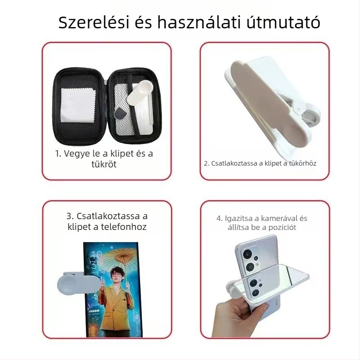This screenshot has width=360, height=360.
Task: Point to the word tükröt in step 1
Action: click(x=104, y=164)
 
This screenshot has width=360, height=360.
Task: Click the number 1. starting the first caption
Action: click(x=58, y=153)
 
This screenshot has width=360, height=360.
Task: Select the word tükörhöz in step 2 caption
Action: click(x=302, y=163)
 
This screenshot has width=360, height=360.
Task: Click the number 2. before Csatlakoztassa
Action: click(x=207, y=163)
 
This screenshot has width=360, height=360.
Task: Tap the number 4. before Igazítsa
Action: click(x=220, y=218)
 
